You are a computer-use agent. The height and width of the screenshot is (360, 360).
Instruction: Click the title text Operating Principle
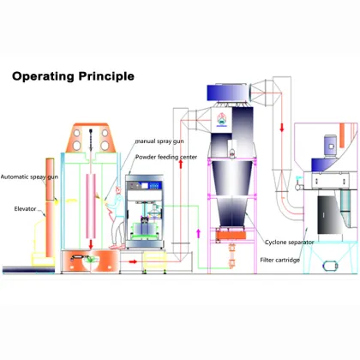click(73, 76)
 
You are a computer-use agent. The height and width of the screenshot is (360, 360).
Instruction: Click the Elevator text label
click(25, 207)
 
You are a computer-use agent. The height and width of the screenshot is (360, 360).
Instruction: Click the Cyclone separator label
click(289, 243)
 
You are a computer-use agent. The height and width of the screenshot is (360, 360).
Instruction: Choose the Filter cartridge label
click(279, 259)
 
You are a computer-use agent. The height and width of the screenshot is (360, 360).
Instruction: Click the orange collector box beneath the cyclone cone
click(231, 234)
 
